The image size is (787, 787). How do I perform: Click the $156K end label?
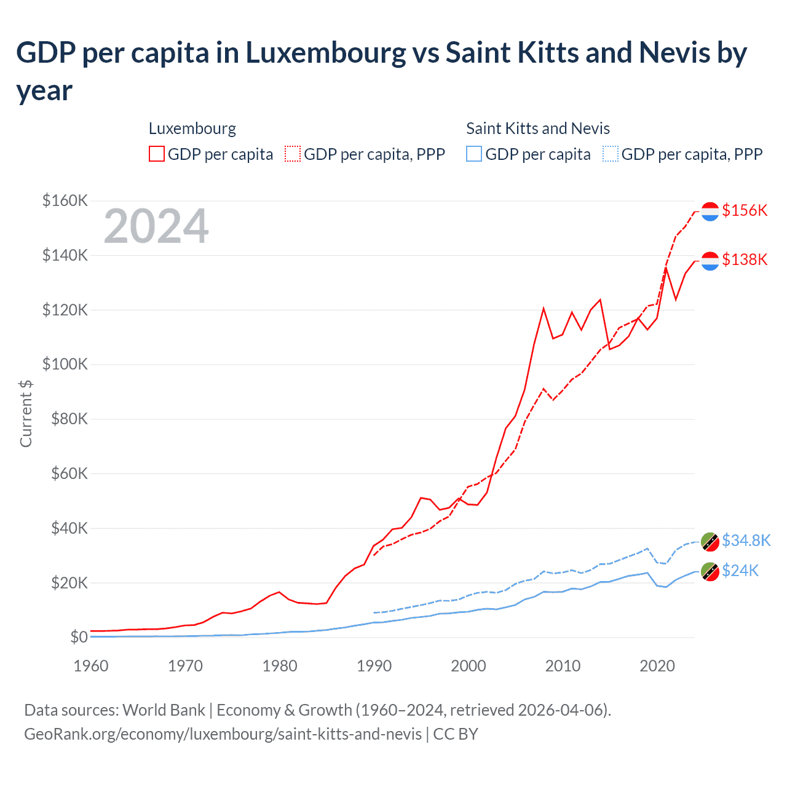point(745,210)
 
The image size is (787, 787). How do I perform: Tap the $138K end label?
point(745,259)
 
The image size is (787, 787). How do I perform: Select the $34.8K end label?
point(746,540)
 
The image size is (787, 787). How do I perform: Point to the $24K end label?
point(740,571)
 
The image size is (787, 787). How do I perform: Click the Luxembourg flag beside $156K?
point(710,211)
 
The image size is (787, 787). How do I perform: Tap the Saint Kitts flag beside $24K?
point(710,572)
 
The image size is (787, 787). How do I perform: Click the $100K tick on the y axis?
point(65,364)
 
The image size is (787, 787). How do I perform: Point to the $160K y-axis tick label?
point(65,200)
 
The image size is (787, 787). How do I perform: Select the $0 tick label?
point(79,637)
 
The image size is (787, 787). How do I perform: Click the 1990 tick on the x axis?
point(374,666)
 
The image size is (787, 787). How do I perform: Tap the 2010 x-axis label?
point(563,666)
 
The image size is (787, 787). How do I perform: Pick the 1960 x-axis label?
point(91,666)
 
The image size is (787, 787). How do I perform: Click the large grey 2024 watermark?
point(156,226)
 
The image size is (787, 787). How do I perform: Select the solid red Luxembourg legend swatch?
point(157,154)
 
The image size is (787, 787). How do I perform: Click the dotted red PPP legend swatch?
point(293,154)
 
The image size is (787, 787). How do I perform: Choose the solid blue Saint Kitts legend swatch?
point(474,154)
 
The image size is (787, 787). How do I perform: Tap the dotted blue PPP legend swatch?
point(611,154)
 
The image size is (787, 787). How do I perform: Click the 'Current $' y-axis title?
point(26,413)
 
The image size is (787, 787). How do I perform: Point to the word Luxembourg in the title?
point(326,53)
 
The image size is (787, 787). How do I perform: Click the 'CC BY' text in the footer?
point(456,734)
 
